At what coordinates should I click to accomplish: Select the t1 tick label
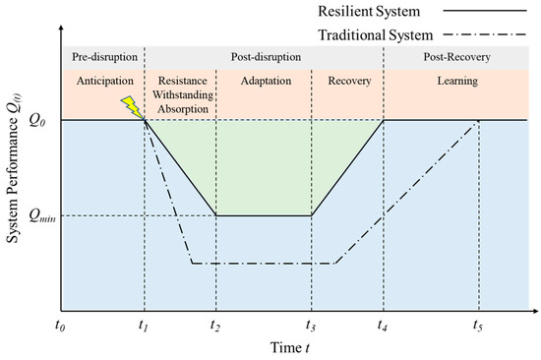[144, 323]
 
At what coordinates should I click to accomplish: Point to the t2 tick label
[215, 323]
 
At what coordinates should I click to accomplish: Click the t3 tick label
[311, 323]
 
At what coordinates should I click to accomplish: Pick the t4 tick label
[382, 323]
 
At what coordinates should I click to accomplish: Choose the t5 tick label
[478, 323]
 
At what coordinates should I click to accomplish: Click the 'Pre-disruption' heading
[101, 54]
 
